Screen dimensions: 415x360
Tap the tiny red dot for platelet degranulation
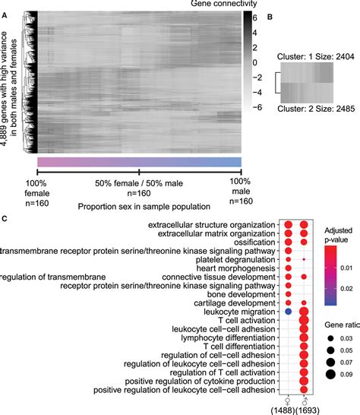tap(305, 258)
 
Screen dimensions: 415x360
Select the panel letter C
tap(5, 219)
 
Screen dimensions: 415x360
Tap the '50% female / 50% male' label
tap(140, 184)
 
